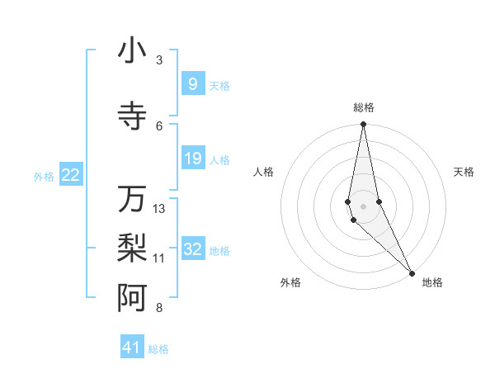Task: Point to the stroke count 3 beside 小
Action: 159,60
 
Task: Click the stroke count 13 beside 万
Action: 159,209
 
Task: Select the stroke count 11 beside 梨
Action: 159,258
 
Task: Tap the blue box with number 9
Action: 192,84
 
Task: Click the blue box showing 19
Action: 192,159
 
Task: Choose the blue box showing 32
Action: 192,249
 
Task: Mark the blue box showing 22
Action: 71,175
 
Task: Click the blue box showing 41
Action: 132,348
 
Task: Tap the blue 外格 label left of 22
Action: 44,176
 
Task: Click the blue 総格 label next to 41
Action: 158,349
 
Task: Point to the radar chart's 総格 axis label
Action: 364,107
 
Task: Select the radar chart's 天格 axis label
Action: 464,172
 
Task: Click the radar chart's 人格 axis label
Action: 264,172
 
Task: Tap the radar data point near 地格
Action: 412,273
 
